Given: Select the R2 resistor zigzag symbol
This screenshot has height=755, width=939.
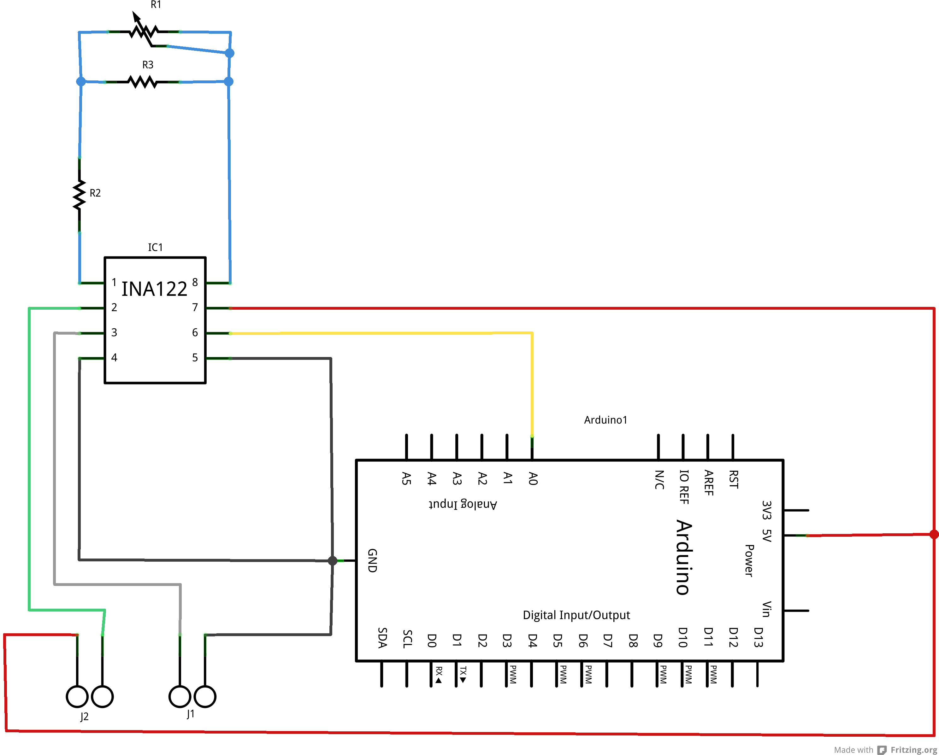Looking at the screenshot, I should point(79,196).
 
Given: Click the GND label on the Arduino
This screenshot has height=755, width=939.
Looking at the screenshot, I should point(372,560).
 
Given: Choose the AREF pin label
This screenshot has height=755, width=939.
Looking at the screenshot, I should point(709,483).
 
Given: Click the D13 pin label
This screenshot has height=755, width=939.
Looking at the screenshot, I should point(758,637).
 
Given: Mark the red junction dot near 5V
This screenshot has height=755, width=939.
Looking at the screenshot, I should point(934,534).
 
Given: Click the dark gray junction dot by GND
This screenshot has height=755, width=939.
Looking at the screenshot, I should point(332,561).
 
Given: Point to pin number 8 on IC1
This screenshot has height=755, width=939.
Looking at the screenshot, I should point(195,283).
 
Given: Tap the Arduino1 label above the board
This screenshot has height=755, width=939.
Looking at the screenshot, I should point(605,420).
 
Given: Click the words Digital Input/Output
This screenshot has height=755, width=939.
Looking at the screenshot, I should point(576,615).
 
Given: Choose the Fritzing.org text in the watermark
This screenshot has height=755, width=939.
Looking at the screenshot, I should point(913,750).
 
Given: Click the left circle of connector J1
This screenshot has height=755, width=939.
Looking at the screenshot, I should point(180,697).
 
